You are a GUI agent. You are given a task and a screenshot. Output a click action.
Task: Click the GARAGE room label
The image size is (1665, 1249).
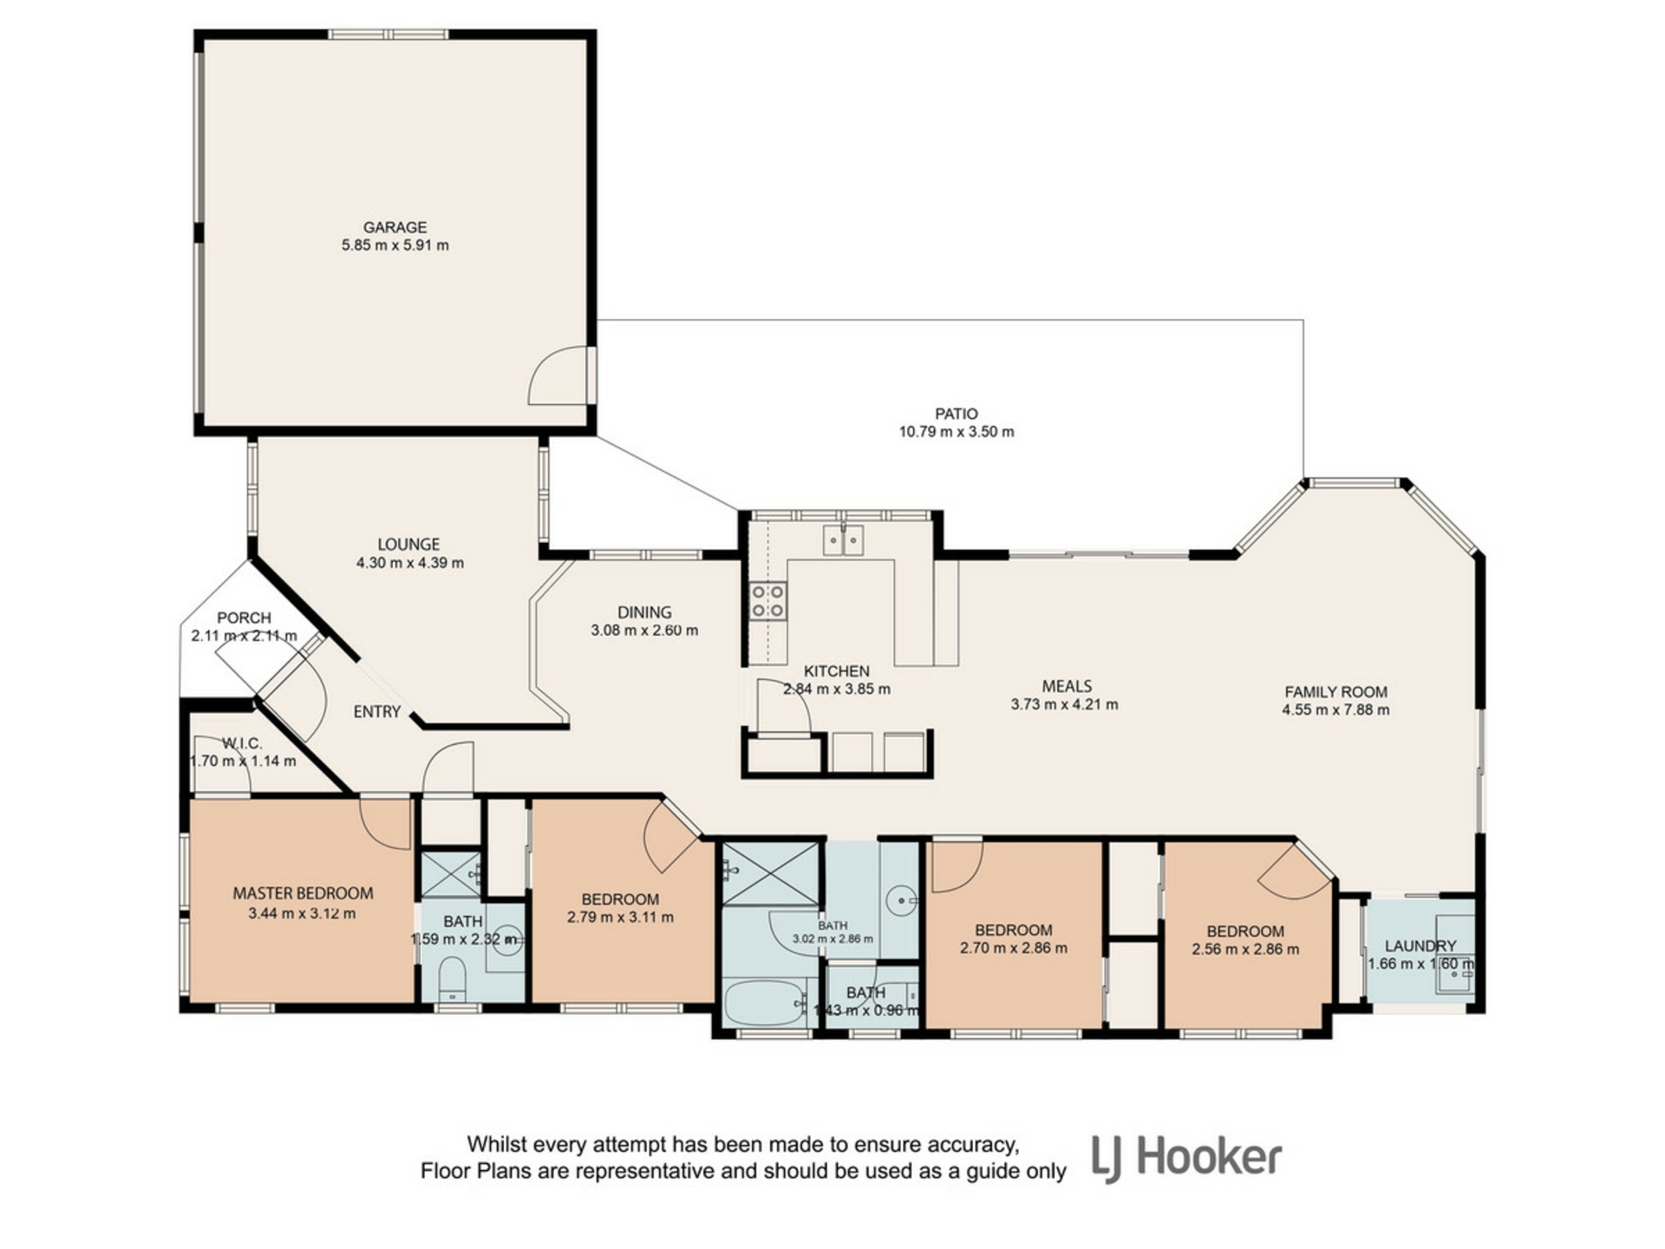[x=395, y=227]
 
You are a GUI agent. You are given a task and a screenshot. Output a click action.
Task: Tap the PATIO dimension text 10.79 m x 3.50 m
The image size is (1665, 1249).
[x=957, y=432]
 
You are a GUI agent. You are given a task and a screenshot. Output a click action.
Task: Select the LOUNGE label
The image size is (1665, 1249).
[x=408, y=545]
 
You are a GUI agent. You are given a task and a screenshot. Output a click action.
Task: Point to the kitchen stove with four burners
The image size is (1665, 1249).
[x=768, y=601]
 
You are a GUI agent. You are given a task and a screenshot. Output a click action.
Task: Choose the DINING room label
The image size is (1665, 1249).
[x=644, y=612]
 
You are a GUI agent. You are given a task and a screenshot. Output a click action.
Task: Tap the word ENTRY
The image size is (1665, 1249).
[x=377, y=712]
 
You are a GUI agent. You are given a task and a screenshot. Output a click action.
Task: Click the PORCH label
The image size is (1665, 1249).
[x=244, y=618]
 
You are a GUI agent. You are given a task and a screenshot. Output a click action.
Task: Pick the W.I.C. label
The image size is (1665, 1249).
[x=242, y=744]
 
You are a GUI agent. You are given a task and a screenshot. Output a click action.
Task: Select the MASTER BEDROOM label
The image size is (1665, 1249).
[x=303, y=893]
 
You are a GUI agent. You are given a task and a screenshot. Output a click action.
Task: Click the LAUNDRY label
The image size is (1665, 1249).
[x=1420, y=946]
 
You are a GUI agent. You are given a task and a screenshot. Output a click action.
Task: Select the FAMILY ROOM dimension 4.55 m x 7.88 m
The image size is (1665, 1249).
[x=1335, y=710]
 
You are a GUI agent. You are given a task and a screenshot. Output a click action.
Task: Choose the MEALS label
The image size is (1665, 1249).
[x=1067, y=686]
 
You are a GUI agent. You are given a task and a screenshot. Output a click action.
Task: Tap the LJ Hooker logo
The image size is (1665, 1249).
[x=1186, y=1159]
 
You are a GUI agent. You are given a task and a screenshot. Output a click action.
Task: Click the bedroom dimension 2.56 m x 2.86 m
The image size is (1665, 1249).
[x=1245, y=950]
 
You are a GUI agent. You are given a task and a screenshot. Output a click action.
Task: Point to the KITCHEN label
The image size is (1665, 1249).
[x=837, y=671]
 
